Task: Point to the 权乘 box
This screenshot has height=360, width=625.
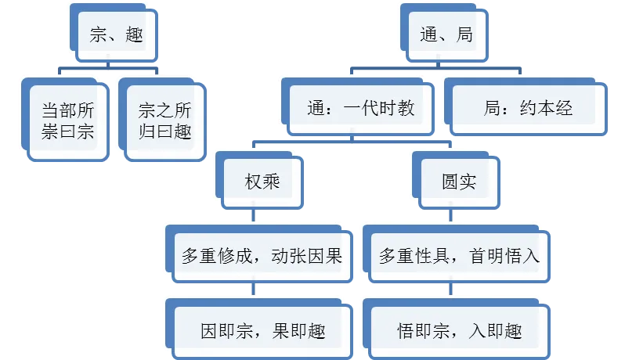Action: click(262, 182)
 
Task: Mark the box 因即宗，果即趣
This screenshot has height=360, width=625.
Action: click(262, 330)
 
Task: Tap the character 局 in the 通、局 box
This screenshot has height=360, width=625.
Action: click(464, 35)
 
